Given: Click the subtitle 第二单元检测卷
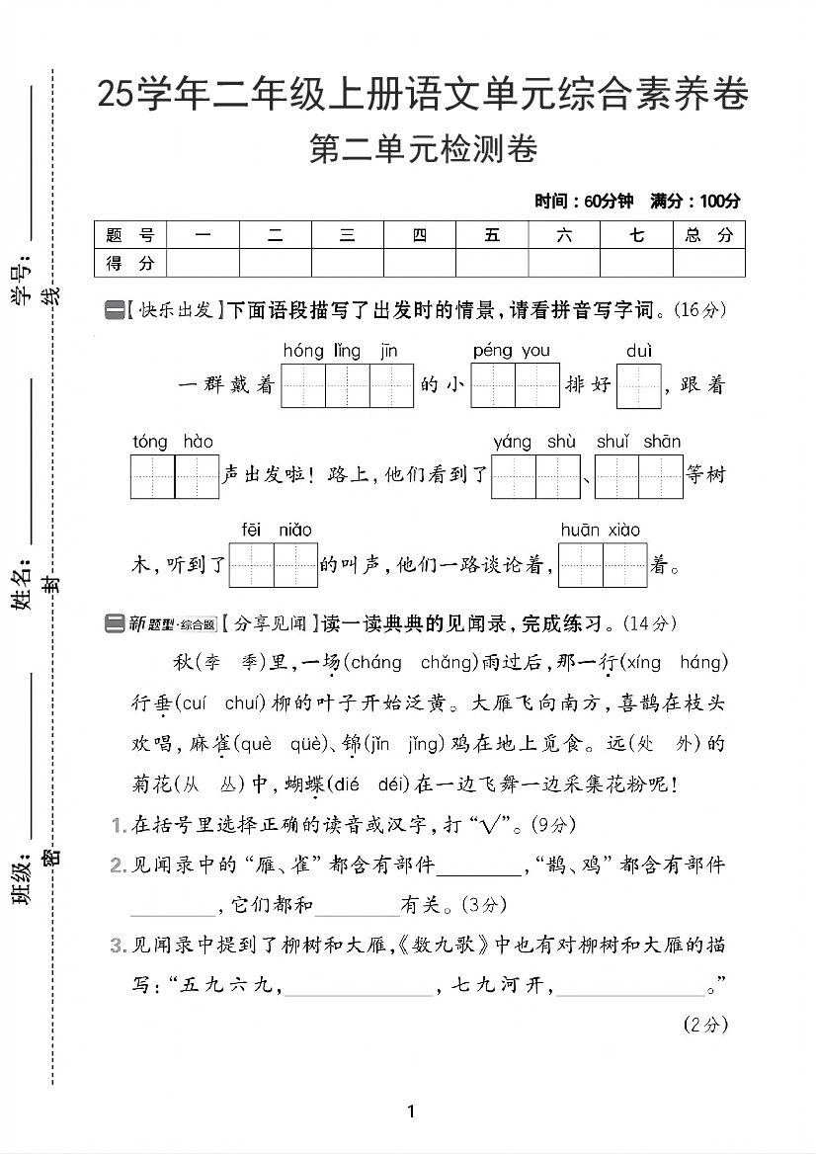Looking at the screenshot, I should pos(423,151).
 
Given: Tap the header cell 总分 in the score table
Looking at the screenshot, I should pos(708,235).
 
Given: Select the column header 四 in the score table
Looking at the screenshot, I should pos(420,235).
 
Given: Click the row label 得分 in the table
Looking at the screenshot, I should pos(130,263).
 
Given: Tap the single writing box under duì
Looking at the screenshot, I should pos(638,386).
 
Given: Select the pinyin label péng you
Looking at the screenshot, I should pos(511,351).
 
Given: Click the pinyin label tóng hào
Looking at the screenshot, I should pos(173,442).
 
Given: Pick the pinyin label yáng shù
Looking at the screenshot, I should pos(534,442).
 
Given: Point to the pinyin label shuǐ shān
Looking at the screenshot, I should pos(638,442).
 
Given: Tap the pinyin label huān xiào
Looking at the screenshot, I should pos(600,531).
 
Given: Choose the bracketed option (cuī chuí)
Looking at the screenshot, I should pos(214,703).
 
